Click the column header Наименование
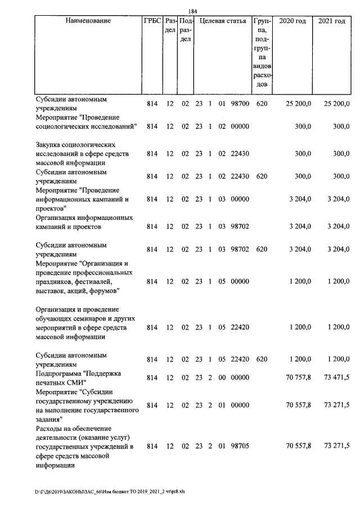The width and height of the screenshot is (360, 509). coord(88,21)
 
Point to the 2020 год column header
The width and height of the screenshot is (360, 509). coord(292,21)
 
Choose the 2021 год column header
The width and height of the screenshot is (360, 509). coord(332,21)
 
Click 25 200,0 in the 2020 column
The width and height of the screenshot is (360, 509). coord(298,104)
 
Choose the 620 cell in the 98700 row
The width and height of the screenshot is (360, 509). coord(261,104)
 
